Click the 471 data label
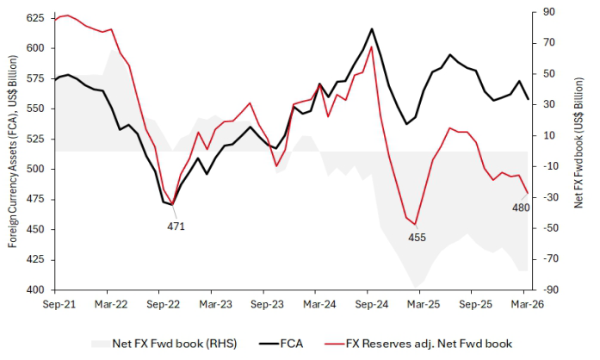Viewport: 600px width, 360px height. [176, 226]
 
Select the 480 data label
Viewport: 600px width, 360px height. [521, 208]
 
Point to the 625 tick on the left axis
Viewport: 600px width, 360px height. [35, 18]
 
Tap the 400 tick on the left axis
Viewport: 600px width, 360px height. [35, 290]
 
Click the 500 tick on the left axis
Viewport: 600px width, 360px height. [35, 169]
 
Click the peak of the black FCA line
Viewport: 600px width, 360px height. [372, 28]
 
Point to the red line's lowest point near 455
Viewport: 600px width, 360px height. [415, 225]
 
